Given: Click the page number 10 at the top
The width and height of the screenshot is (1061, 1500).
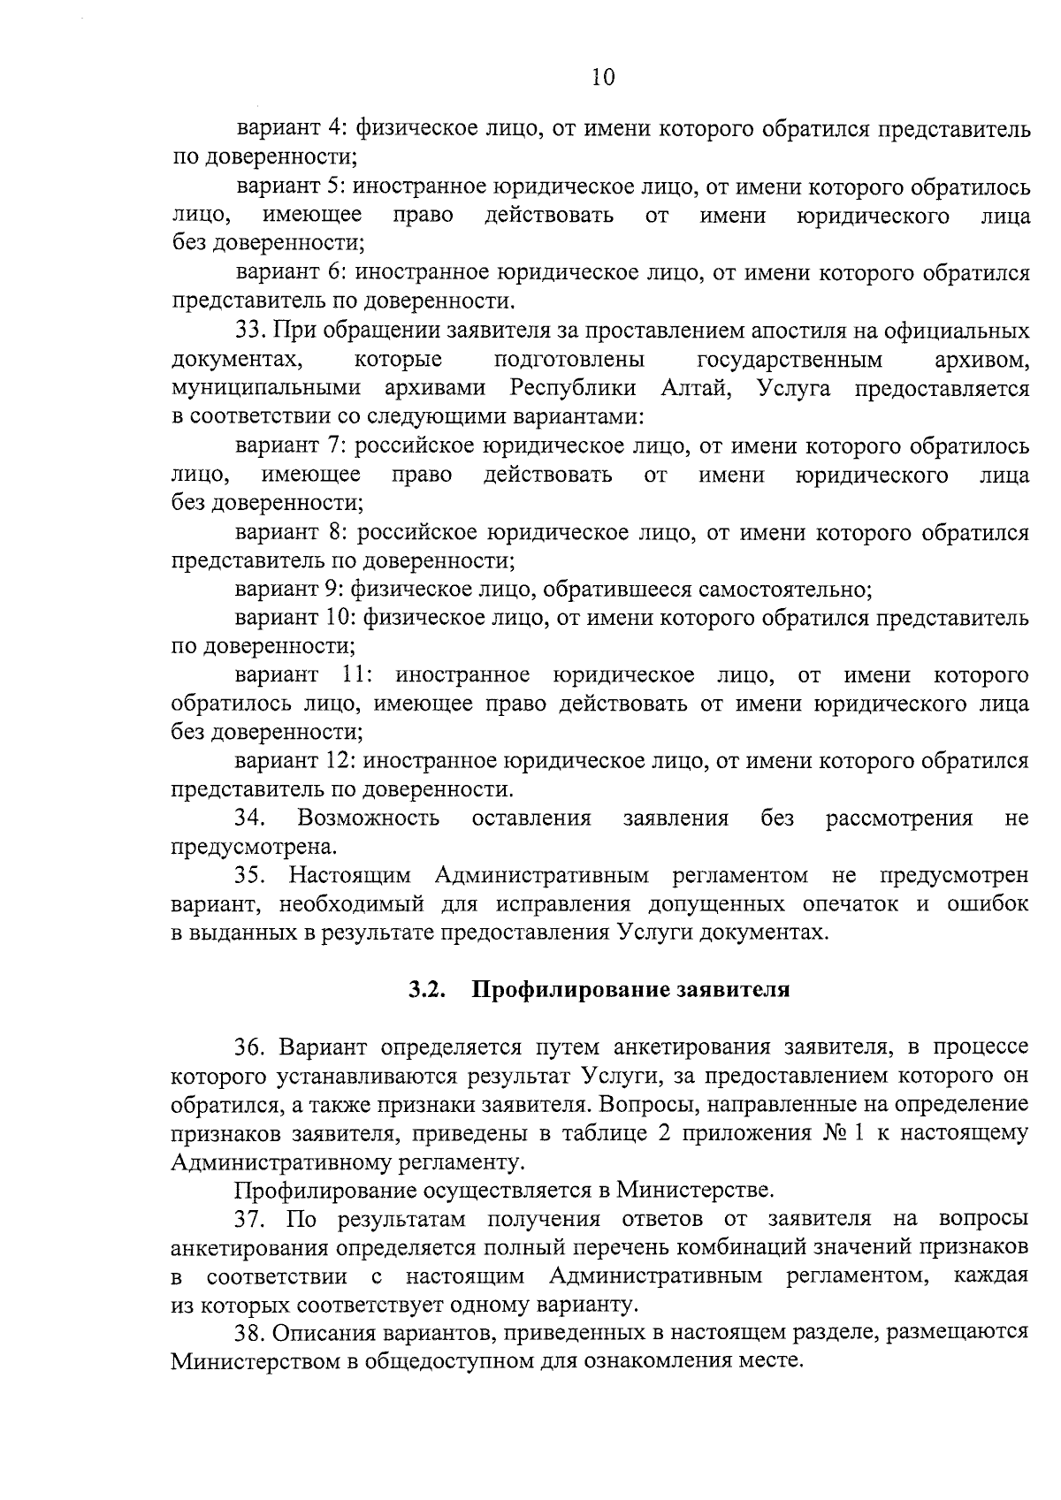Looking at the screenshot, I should pos(603,77).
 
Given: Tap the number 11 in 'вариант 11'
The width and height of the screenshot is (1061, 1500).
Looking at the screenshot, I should pos(357,676).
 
